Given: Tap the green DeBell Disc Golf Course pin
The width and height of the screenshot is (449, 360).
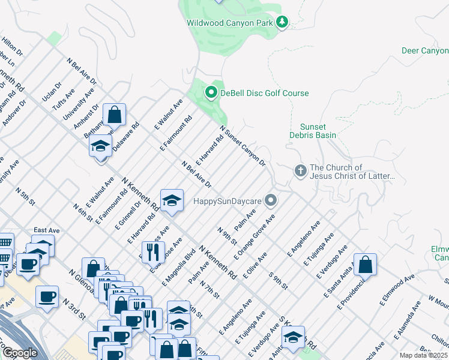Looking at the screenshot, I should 211,93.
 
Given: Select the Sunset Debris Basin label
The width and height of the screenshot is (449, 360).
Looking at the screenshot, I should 318,131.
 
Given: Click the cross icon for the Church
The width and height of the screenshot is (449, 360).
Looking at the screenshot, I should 301,171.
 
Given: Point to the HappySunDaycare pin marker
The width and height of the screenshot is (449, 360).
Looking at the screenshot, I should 271,200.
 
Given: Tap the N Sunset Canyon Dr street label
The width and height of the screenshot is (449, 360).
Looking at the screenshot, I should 243,146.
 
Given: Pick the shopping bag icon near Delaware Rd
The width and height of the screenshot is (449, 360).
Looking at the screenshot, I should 114,115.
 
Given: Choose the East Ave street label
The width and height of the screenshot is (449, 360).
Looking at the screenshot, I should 47,230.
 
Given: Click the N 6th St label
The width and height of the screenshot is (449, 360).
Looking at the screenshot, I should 82,212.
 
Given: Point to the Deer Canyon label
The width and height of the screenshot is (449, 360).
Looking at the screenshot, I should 424,51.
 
